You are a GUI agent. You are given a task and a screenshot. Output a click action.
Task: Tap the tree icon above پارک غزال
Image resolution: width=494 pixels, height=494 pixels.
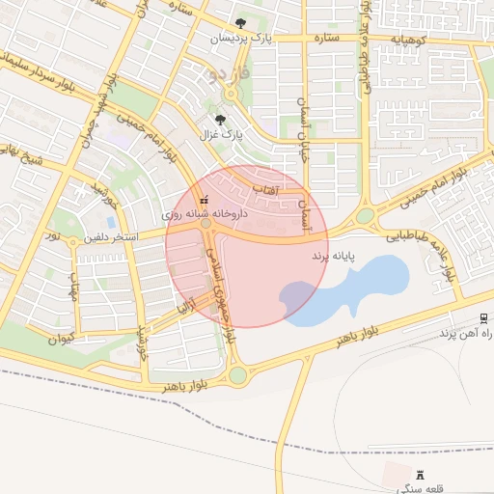(x=221, y=120)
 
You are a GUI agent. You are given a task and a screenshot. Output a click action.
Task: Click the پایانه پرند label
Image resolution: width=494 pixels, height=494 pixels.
(x=333, y=257)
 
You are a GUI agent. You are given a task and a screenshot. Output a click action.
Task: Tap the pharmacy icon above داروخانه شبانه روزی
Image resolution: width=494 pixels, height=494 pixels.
(x=203, y=198)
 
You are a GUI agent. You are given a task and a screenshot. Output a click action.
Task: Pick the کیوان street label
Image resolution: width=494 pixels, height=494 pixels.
(x=60, y=339)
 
